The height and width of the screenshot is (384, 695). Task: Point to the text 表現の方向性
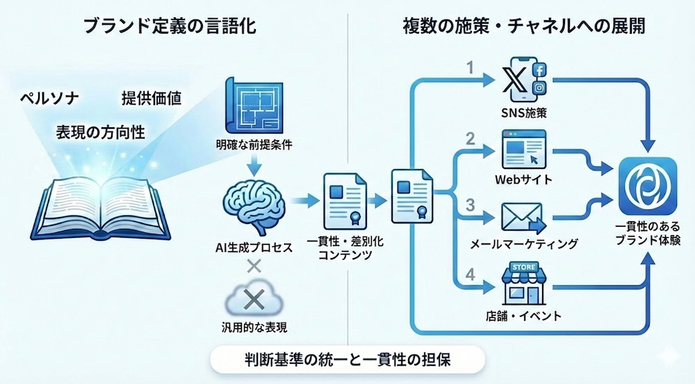(100, 131)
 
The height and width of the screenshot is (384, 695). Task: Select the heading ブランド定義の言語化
(170, 27)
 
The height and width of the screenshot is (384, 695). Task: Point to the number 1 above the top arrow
(471, 69)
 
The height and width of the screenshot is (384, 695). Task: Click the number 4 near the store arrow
(471, 274)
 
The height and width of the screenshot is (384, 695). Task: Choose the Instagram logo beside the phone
(540, 87)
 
